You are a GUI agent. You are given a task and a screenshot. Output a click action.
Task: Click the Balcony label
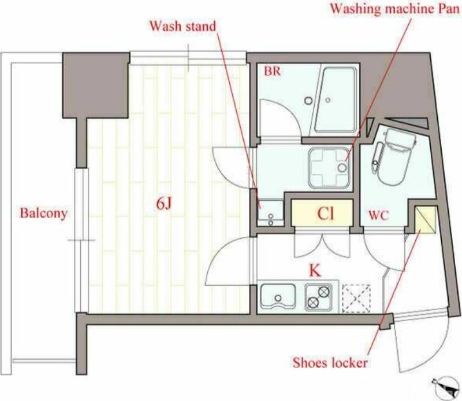click(x=44, y=213)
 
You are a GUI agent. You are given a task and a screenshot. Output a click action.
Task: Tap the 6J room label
click(x=164, y=204)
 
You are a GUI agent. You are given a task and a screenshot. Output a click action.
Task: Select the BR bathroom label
click(x=272, y=71)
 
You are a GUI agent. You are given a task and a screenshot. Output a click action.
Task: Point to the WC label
click(x=379, y=215)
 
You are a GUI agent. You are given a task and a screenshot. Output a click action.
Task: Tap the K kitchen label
click(x=315, y=270)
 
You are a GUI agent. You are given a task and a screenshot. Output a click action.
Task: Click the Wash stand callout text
click(x=182, y=26)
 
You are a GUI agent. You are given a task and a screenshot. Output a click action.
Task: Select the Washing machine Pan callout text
click(x=394, y=9)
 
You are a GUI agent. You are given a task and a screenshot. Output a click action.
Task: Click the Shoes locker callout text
click(x=330, y=363)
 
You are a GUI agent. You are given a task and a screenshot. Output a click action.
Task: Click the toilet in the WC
click(x=394, y=156)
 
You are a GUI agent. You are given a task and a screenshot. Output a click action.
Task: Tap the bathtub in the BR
click(x=336, y=100)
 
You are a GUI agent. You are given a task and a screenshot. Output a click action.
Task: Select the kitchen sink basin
click(x=278, y=296)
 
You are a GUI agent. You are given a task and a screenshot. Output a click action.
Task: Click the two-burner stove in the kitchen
click(x=319, y=297)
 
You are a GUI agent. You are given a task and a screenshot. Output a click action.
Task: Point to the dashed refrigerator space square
click(x=356, y=298)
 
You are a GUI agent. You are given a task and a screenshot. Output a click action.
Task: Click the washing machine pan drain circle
click(x=342, y=168)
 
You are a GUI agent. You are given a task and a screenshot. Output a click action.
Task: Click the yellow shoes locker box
click(x=425, y=220)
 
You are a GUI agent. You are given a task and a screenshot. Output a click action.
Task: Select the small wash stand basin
click(x=270, y=213)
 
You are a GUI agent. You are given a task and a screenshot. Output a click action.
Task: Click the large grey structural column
click(x=96, y=86)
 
